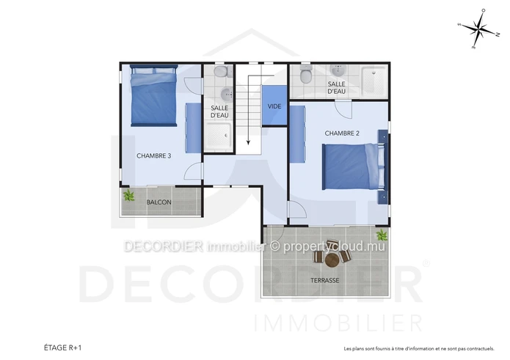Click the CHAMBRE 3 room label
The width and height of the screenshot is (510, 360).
pyautogui.click(x=154, y=156)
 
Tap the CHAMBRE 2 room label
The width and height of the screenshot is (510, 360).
pyautogui.click(x=342, y=133)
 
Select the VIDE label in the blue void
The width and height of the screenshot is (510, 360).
pyautogui.click(x=274, y=106)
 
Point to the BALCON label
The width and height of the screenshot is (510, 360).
pyautogui.click(x=159, y=202)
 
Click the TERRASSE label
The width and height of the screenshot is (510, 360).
pyautogui.click(x=324, y=280)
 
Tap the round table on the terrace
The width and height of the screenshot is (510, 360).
pyautogui.click(x=332, y=260)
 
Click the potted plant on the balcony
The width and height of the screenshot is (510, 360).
pyautogui.click(x=129, y=195)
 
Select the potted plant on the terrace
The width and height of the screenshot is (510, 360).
pyautogui.click(x=381, y=235)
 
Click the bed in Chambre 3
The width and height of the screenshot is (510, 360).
pyautogui.click(x=154, y=95)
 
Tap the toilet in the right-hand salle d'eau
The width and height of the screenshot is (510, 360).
pyautogui.click(x=306, y=74)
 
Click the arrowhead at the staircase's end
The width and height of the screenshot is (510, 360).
pyautogui.click(x=248, y=142)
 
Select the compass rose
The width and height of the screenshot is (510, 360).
pyautogui.click(x=478, y=29)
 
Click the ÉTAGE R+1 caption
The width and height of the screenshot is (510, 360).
pyautogui.click(x=63, y=348)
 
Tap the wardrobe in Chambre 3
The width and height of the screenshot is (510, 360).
pyautogui.click(x=193, y=128)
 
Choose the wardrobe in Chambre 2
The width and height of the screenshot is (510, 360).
pyautogui.click(x=298, y=134)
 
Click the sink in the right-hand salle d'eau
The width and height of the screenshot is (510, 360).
pyautogui.click(x=338, y=70)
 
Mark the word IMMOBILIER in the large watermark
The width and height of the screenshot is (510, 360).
pyautogui.click(x=338, y=323)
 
